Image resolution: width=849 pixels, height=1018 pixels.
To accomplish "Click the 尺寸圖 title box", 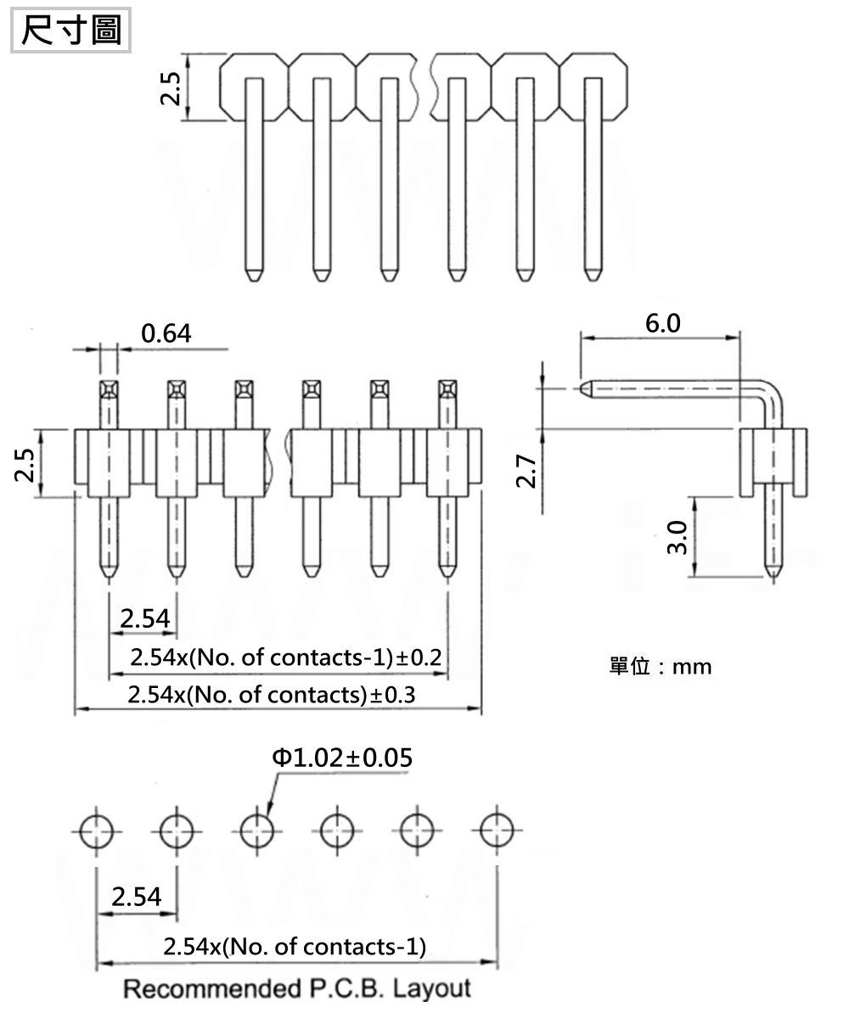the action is [70, 30].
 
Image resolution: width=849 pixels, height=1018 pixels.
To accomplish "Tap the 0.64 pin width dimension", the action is [166, 333].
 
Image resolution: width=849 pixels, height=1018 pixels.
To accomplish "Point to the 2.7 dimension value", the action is [526, 471].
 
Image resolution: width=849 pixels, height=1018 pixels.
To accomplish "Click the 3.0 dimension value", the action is [678, 537].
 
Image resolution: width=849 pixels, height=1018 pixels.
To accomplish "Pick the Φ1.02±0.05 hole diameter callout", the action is [342, 758].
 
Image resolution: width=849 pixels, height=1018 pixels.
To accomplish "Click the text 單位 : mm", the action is [661, 667].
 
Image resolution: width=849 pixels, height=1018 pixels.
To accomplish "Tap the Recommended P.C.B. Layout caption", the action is [297, 989].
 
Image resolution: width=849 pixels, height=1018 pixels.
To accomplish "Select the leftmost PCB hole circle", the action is [97, 831].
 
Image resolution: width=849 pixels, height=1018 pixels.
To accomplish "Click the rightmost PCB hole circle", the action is [497, 831].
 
